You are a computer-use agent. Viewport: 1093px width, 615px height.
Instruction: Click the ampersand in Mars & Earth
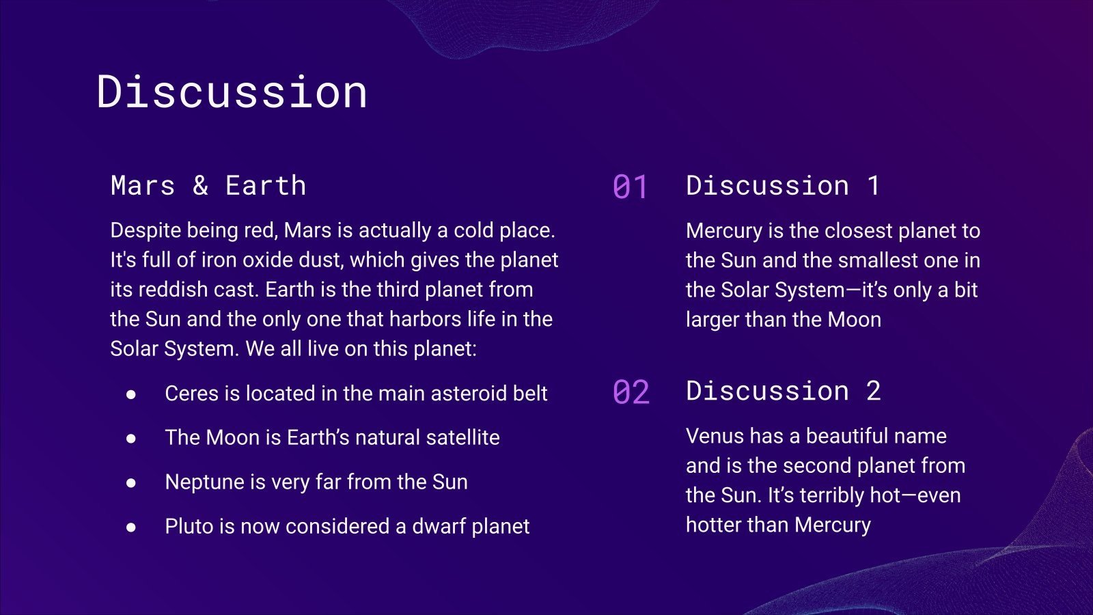point(201,185)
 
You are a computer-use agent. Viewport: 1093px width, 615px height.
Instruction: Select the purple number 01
point(630,187)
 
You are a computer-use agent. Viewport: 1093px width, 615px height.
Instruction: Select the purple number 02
point(631,392)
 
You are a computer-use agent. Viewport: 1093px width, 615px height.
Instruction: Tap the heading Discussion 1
point(783,185)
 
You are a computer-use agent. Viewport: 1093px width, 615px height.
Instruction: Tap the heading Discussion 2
point(784,391)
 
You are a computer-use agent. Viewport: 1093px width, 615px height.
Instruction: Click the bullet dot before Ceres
point(130,394)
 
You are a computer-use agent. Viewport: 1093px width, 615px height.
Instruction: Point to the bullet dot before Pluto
point(130,527)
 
